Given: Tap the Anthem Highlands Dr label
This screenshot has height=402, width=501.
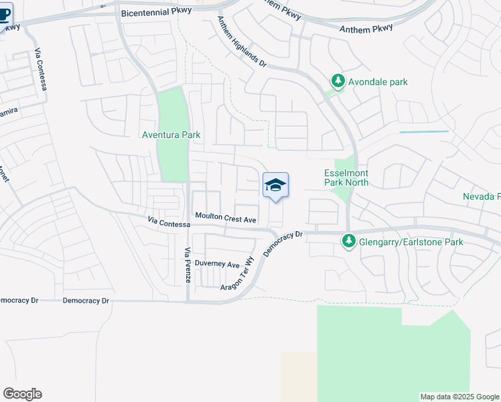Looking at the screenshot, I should click(241, 42).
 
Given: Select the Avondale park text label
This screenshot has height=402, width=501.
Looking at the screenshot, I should click(378, 82).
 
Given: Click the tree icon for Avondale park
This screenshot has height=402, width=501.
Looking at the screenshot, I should click(338, 82).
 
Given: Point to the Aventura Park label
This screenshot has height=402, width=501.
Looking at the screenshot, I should click(171, 135).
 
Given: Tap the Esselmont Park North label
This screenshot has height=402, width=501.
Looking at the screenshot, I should click(346, 177).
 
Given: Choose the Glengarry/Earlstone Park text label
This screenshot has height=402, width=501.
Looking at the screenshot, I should click(411, 242).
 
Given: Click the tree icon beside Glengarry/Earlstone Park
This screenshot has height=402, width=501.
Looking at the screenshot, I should click(348, 241).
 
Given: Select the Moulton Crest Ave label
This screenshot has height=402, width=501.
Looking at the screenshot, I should click(226, 218).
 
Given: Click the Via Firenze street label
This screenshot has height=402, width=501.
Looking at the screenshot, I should click(188, 264).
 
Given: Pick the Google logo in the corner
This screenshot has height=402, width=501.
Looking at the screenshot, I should click(22, 394).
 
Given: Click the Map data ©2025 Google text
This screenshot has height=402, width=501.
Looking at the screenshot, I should click(459, 397).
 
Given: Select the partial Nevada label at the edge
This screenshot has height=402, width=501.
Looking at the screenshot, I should click(481, 196).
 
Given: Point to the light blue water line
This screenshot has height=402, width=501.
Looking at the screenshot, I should click(424, 132).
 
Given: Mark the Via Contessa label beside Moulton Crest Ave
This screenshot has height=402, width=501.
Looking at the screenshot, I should click(168, 222).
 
